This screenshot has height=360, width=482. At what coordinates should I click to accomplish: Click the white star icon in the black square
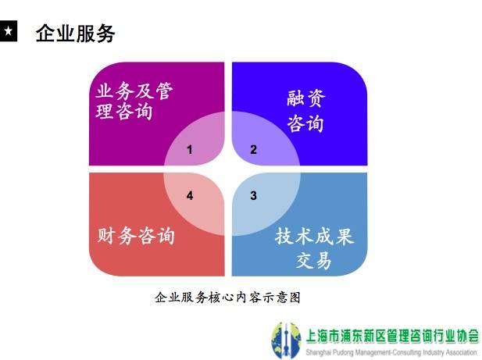[9, 30]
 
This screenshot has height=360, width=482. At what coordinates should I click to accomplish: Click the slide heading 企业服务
[75, 33]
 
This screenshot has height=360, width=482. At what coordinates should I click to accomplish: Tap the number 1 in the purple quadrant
[190, 150]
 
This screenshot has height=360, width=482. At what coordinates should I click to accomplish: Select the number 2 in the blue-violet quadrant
[253, 150]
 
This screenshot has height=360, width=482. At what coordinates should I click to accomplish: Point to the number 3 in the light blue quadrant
[253, 195]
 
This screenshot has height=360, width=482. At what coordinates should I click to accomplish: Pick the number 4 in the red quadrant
[190, 195]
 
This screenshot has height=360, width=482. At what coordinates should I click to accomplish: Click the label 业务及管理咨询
[134, 101]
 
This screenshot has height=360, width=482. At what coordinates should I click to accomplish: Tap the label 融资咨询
[306, 111]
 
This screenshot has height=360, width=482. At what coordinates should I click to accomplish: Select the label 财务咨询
[136, 236]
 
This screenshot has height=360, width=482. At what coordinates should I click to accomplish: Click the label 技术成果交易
[315, 248]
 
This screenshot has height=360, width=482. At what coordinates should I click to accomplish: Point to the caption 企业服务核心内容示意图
[228, 297]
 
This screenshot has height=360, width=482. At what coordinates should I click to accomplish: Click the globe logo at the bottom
[286, 340]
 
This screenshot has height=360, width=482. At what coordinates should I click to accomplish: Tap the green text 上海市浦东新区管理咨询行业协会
[392, 336]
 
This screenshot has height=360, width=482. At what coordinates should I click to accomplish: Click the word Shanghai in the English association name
[317, 352]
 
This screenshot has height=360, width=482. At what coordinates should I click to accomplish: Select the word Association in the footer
[460, 352]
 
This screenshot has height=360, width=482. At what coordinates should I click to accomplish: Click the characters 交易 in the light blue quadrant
[314, 261]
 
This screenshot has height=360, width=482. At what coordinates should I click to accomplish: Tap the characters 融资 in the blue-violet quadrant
[306, 98]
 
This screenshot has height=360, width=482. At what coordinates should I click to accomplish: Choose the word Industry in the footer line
[430, 352]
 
